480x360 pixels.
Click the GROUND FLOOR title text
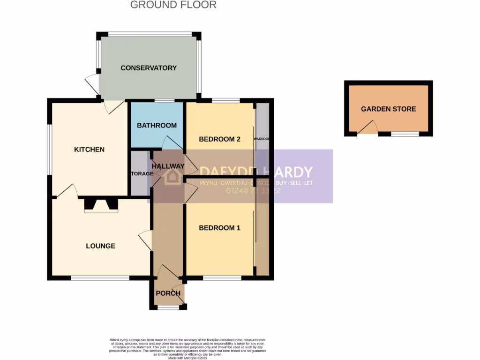click(x=173, y=5)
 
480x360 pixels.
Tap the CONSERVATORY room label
click(x=149, y=68)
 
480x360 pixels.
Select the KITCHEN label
click(x=89, y=150)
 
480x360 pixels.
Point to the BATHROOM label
click(x=157, y=125)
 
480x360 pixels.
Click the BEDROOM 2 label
click(x=219, y=139)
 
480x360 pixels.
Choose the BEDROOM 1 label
click(x=219, y=228)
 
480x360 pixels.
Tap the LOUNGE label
click(x=100, y=246)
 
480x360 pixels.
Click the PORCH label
click(x=168, y=293)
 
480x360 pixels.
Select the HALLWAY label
click(x=168, y=166)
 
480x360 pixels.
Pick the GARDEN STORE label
click(x=388, y=109)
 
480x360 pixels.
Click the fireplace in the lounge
click(x=101, y=205)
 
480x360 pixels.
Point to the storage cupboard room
click(x=140, y=173)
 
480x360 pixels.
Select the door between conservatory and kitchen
click(x=114, y=106)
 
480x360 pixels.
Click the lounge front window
click(x=100, y=278)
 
